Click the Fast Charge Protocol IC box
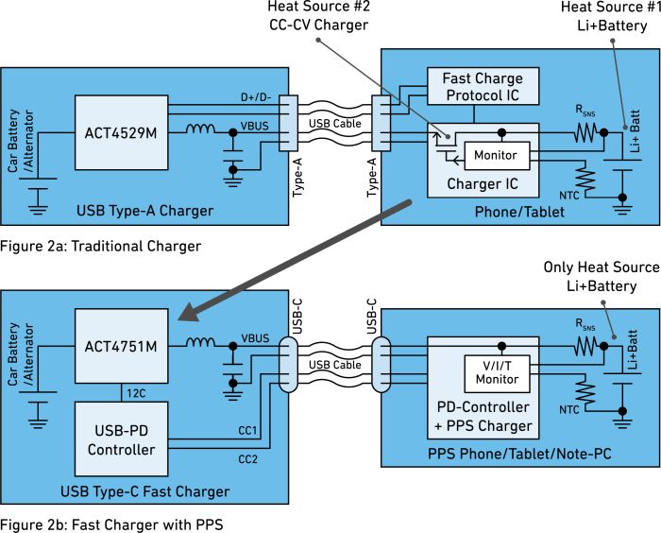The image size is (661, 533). pos(483,87)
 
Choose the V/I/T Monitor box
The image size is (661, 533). pos(497,373)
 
